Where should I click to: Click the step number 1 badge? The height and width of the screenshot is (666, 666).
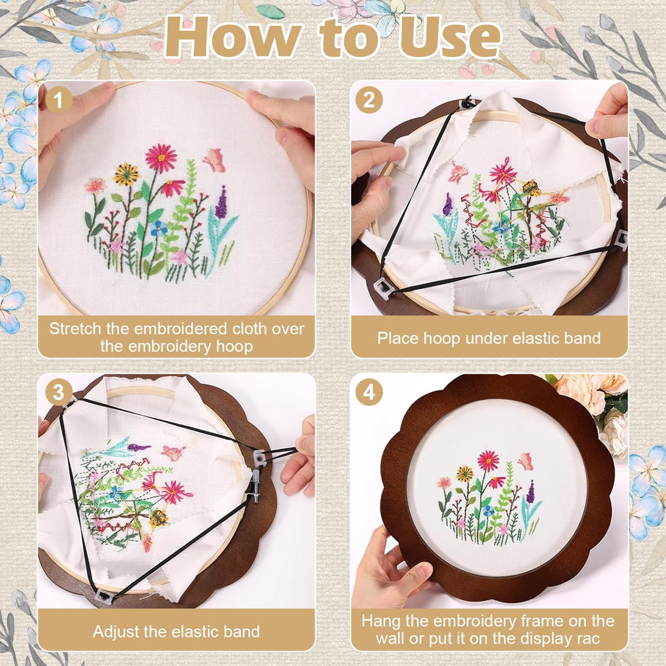tap(59, 100)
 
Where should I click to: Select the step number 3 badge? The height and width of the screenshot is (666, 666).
tap(59, 393)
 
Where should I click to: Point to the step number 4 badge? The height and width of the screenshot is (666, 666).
tap(369, 393)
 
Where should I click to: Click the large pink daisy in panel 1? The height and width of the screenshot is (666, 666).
tap(161, 157)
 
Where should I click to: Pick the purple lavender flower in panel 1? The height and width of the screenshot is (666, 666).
tap(222, 202)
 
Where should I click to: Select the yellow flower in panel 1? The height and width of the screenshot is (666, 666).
tap(127, 174)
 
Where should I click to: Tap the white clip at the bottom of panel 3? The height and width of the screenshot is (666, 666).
tap(105, 595)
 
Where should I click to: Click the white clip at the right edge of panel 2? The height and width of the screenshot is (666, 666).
tap(622, 240)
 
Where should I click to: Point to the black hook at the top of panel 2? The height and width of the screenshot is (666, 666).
tap(467, 101)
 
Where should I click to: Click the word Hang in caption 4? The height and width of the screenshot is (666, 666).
tap(381, 621)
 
